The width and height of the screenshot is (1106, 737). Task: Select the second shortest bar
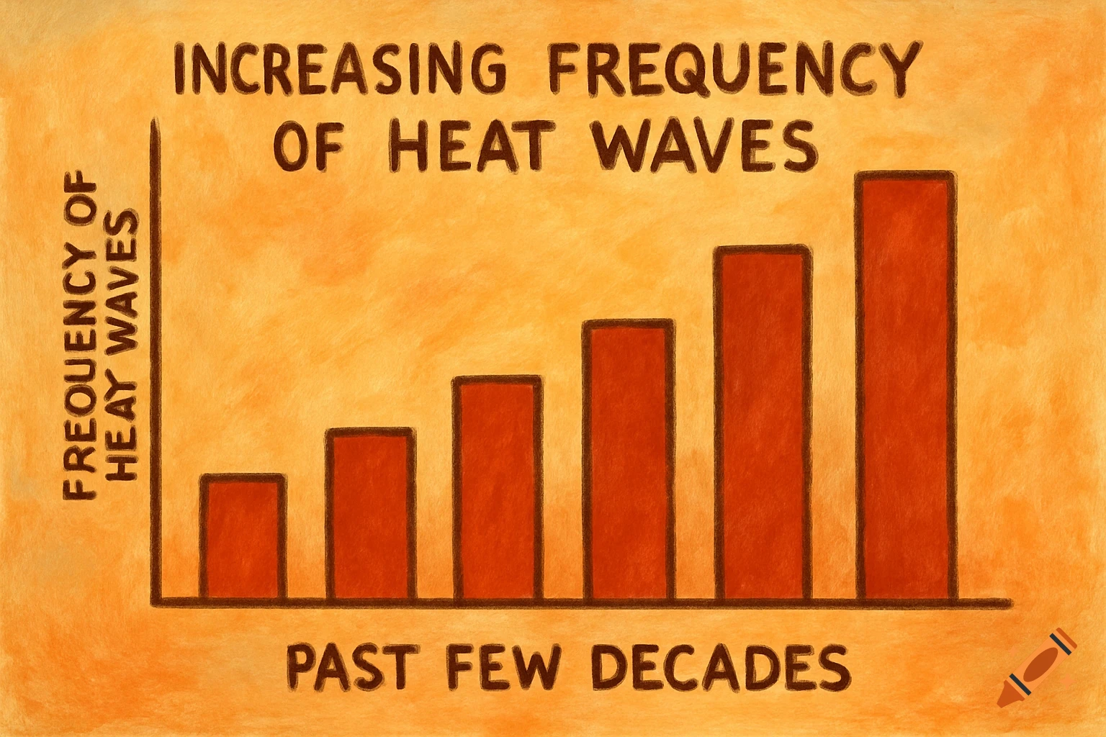click(369, 514)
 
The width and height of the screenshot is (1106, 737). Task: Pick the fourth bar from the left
click(629, 461)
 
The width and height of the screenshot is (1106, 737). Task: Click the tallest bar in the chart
click(904, 386)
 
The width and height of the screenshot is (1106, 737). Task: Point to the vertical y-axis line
click(153, 360)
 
